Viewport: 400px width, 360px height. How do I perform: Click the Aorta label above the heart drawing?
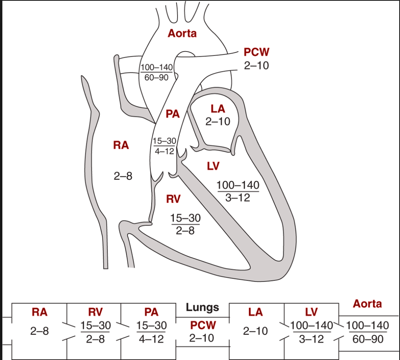click(182, 33)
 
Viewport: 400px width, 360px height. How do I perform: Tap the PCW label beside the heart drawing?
click(256, 52)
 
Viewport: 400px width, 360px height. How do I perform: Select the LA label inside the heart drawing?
click(218, 109)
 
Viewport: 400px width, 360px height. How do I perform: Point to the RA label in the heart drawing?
click(121, 145)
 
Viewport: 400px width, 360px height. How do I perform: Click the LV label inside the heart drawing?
click(213, 166)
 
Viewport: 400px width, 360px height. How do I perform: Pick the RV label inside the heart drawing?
click(173, 199)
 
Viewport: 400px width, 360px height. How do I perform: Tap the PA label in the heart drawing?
click(172, 114)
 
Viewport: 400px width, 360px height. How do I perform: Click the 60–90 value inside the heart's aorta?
click(156, 78)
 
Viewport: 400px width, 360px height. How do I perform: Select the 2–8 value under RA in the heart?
click(123, 176)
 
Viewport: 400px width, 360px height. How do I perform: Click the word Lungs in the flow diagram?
click(202, 308)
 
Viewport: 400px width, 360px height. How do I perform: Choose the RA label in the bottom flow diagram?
click(39, 312)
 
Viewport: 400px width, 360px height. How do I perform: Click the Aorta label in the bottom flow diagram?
click(367, 304)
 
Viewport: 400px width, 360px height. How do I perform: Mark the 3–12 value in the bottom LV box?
click(311, 339)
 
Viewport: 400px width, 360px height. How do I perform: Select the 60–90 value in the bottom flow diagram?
click(368, 339)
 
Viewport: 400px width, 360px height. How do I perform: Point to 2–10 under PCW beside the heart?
click(256, 65)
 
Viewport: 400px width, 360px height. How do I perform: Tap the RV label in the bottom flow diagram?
click(95, 312)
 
